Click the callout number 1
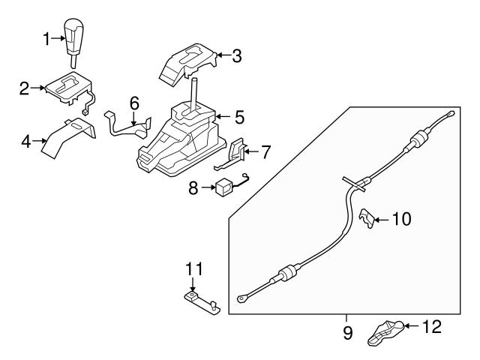click(x=46, y=37)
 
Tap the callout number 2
click(x=25, y=88)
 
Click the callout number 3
click(x=237, y=55)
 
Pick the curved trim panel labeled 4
click(x=69, y=136)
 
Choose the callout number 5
click(x=238, y=116)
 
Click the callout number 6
click(x=134, y=102)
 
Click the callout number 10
click(x=402, y=219)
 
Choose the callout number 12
click(x=432, y=326)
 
